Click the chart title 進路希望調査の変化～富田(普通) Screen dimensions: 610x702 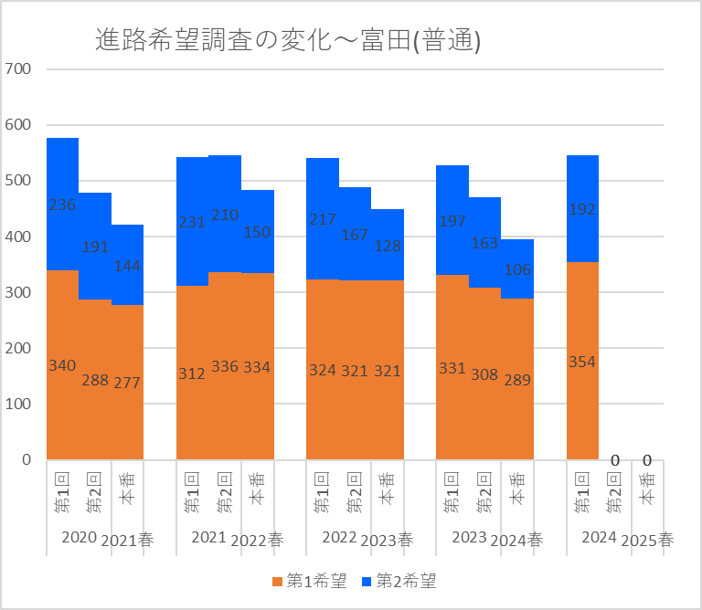(289, 41)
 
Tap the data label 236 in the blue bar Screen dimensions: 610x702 (62, 205)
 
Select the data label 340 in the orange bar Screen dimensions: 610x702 (62, 365)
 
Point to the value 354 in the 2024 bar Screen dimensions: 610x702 (582, 362)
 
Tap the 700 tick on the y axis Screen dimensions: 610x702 (18, 68)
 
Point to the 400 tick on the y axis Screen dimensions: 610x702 (18, 237)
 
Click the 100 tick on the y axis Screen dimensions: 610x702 (18, 404)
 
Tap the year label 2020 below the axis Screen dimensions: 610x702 (79, 537)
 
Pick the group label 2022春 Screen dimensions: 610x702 (257, 540)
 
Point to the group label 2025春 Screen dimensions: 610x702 (647, 540)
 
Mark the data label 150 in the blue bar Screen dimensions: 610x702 (257, 232)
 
